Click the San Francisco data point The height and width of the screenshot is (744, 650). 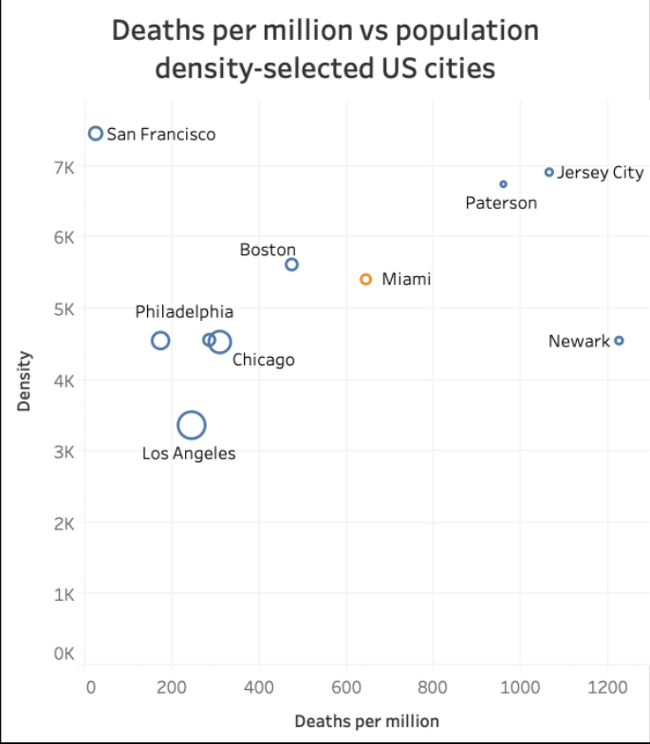point(95,134)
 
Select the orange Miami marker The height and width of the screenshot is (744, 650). point(365,279)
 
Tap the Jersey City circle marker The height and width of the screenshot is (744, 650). point(548,172)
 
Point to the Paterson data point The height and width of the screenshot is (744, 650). point(503,184)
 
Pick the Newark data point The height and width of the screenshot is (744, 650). point(619,340)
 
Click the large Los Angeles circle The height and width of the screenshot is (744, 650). point(192,425)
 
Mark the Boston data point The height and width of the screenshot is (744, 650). point(291,264)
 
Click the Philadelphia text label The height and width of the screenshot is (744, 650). point(184,311)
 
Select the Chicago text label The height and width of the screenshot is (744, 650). point(263,360)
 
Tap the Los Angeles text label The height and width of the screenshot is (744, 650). point(189,454)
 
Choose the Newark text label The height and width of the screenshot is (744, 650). point(579,341)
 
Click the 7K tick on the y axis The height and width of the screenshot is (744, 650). point(64,167)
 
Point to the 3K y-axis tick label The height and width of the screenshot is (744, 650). point(64,452)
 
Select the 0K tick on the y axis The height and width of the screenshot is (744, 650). point(64,654)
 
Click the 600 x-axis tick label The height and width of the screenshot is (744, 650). point(347,687)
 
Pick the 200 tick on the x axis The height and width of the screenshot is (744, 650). point(174,687)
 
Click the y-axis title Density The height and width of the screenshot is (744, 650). point(25,381)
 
